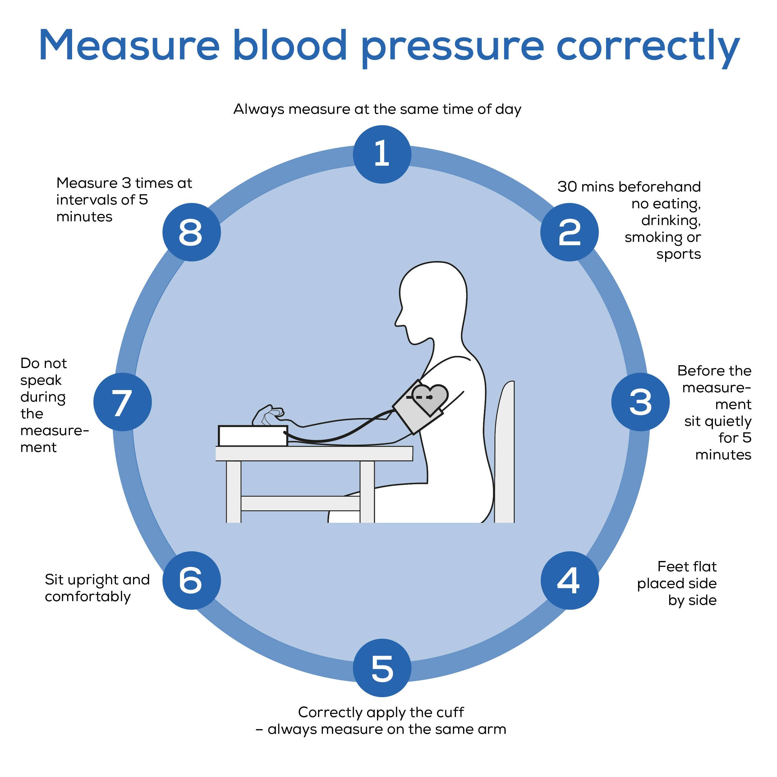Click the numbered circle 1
382,154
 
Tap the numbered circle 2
569,232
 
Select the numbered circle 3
640,402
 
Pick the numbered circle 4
569,580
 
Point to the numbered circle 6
191,580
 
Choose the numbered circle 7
122,402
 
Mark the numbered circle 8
191,232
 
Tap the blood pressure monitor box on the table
253,435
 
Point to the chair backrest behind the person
505,450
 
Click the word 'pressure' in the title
453,46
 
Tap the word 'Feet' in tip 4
673,566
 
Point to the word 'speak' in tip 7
41,380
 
